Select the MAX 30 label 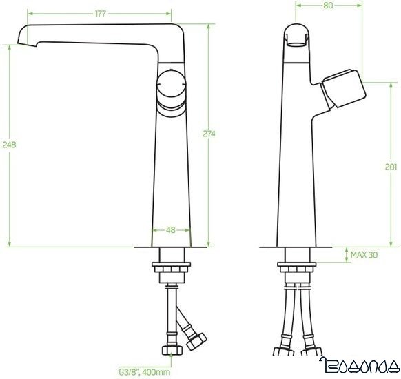(364, 255)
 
